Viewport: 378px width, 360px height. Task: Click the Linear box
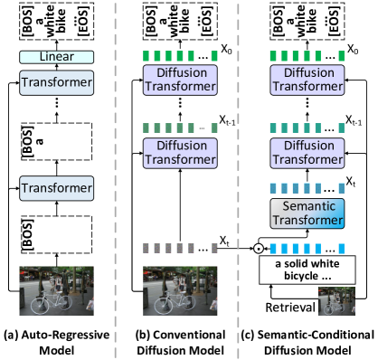(x=56, y=57)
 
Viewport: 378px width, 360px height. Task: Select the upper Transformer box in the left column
(x=56, y=83)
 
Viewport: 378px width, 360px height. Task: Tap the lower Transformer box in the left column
(x=56, y=188)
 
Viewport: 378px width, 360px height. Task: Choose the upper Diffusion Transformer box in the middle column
(x=180, y=80)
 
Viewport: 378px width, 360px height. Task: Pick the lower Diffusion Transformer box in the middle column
(x=180, y=152)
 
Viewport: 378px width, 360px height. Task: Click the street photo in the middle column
(x=180, y=290)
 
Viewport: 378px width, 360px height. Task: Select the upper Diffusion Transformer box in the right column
(x=307, y=80)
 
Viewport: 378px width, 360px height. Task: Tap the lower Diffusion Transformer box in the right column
(x=307, y=152)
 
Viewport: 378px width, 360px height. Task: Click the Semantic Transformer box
(x=307, y=213)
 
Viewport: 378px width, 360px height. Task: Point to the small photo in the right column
(x=335, y=300)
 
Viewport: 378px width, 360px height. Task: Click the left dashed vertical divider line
(x=115, y=181)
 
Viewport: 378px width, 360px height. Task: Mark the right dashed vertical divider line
(x=239, y=181)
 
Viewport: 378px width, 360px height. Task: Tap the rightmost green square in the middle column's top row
(x=214, y=56)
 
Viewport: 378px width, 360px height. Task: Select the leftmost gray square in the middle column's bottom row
(x=146, y=248)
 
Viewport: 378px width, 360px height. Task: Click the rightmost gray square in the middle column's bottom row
(x=214, y=248)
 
